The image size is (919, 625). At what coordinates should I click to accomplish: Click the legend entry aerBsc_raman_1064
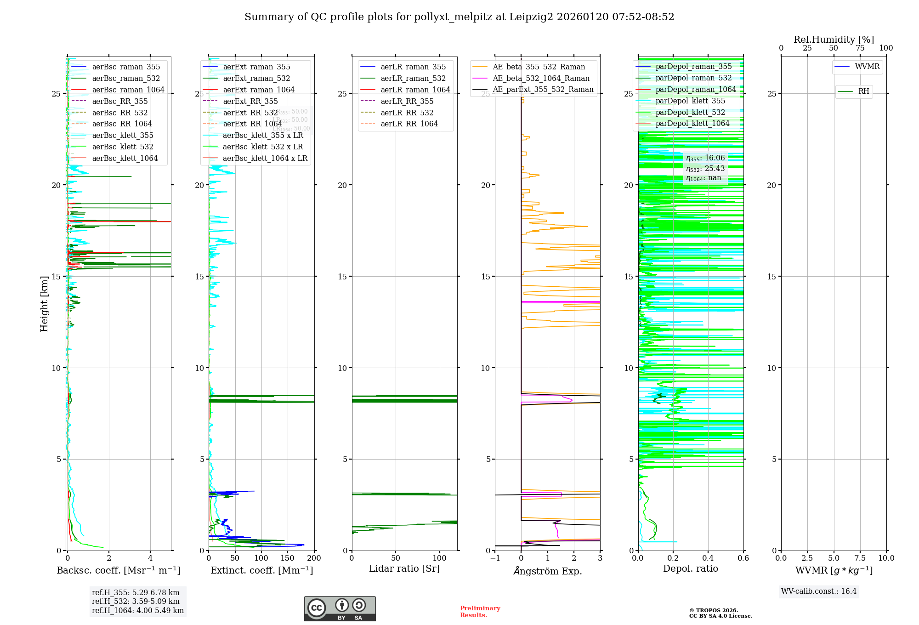coord(128,90)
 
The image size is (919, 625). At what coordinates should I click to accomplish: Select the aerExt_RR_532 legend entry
coord(250,113)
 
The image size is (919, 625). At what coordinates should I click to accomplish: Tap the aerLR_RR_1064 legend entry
coord(409,124)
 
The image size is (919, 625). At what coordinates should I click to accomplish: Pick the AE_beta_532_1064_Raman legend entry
coord(541,78)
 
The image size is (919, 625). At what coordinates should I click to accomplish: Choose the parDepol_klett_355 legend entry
coord(690,101)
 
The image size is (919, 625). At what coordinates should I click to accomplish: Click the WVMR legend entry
coord(867,67)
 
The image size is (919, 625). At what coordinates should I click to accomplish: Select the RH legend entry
coord(863,91)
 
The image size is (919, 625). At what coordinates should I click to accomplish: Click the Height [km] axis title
coord(44,304)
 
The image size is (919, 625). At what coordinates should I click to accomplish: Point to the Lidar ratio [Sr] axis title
coord(404,568)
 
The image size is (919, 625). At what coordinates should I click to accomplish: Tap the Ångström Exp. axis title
coord(547,571)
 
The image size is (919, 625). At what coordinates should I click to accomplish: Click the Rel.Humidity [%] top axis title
coord(834,40)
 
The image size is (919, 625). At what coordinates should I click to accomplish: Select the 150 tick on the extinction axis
coord(288,558)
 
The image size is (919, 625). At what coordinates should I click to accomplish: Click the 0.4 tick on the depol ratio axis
coord(708,558)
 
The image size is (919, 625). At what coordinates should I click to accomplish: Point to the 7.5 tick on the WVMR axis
coord(860,558)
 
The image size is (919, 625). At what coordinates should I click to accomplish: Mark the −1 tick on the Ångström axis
coord(494,558)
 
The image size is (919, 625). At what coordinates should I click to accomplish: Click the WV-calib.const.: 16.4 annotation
coord(819,591)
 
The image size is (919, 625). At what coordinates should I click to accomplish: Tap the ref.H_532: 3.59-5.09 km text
coord(136,601)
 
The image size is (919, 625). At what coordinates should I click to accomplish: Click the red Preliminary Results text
coord(480,611)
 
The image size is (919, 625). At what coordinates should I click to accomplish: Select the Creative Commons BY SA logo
coord(340,608)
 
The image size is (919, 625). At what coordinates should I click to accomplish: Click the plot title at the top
coord(459,17)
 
